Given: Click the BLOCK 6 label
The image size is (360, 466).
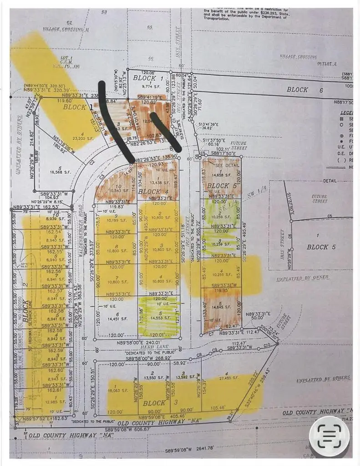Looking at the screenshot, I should click(304, 90).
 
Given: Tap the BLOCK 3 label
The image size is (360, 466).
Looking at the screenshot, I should click(154, 403).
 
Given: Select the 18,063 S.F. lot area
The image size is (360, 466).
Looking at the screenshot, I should click(113, 390).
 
